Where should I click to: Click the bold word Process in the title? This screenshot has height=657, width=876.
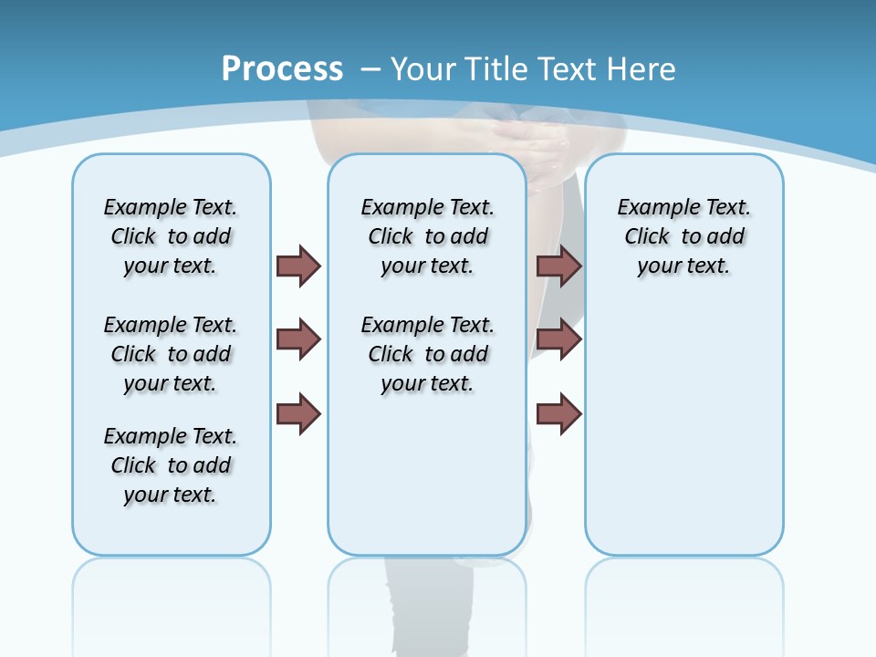click(282, 68)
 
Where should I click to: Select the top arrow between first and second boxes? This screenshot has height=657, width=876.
click(298, 266)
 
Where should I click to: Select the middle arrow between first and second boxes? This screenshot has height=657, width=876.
click(298, 339)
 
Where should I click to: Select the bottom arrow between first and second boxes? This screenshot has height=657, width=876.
click(298, 414)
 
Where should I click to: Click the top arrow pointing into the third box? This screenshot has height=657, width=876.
click(558, 266)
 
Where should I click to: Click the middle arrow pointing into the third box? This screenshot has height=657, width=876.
click(558, 339)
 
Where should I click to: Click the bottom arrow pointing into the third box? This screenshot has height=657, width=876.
click(558, 414)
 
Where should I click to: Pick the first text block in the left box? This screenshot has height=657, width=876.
click(171, 236)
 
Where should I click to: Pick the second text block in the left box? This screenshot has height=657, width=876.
click(171, 354)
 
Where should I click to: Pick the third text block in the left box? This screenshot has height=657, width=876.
click(171, 465)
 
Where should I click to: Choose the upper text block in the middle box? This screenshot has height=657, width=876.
click(427, 236)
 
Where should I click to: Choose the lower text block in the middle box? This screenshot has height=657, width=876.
click(427, 354)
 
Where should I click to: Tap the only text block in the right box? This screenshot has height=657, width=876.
click(683, 236)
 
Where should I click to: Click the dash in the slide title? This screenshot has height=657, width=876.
click(370, 68)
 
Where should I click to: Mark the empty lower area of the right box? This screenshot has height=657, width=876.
click(683, 429)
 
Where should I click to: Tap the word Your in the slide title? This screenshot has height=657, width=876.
click(425, 68)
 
